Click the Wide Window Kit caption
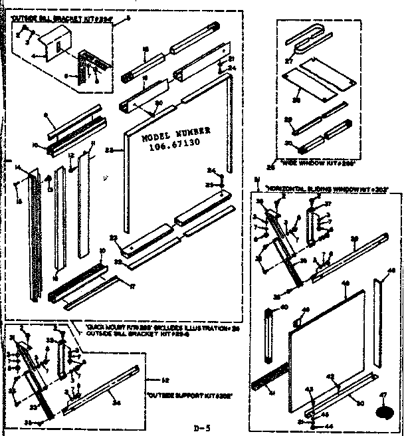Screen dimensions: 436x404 (x=317, y=162)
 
